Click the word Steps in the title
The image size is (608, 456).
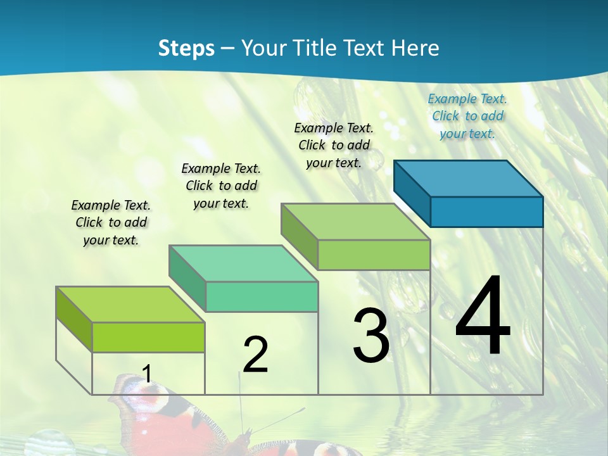coord(186,48)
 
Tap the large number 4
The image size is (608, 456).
coord(483,316)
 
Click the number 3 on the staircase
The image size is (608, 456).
coord(371,336)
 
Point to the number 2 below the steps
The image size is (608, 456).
coord(255,355)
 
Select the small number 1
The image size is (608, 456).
coord(146,374)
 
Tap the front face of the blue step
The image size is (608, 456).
coord(486,212)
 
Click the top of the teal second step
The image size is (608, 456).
coord(243,263)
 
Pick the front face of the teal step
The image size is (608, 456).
coord(262,296)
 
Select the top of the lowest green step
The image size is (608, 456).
coord(130,305)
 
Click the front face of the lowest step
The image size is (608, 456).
coord(148,337)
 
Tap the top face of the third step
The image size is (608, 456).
coord(355,222)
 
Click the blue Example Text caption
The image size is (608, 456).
coord(467,116)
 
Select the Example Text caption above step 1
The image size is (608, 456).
coord(111,222)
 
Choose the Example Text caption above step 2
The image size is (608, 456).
coord(221,186)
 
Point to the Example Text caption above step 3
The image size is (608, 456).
coord(334,145)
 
